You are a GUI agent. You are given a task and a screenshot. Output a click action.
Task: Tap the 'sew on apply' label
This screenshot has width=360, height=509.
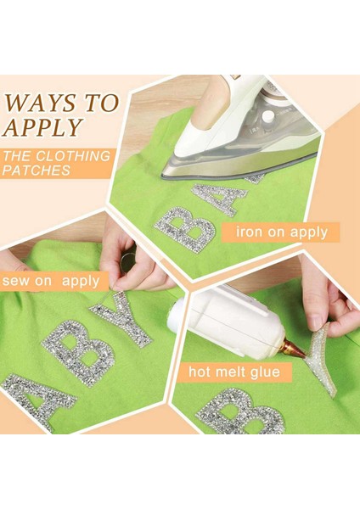(x=51, y=281)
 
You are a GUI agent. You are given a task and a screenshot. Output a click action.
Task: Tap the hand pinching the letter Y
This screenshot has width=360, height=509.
(x=136, y=263)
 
